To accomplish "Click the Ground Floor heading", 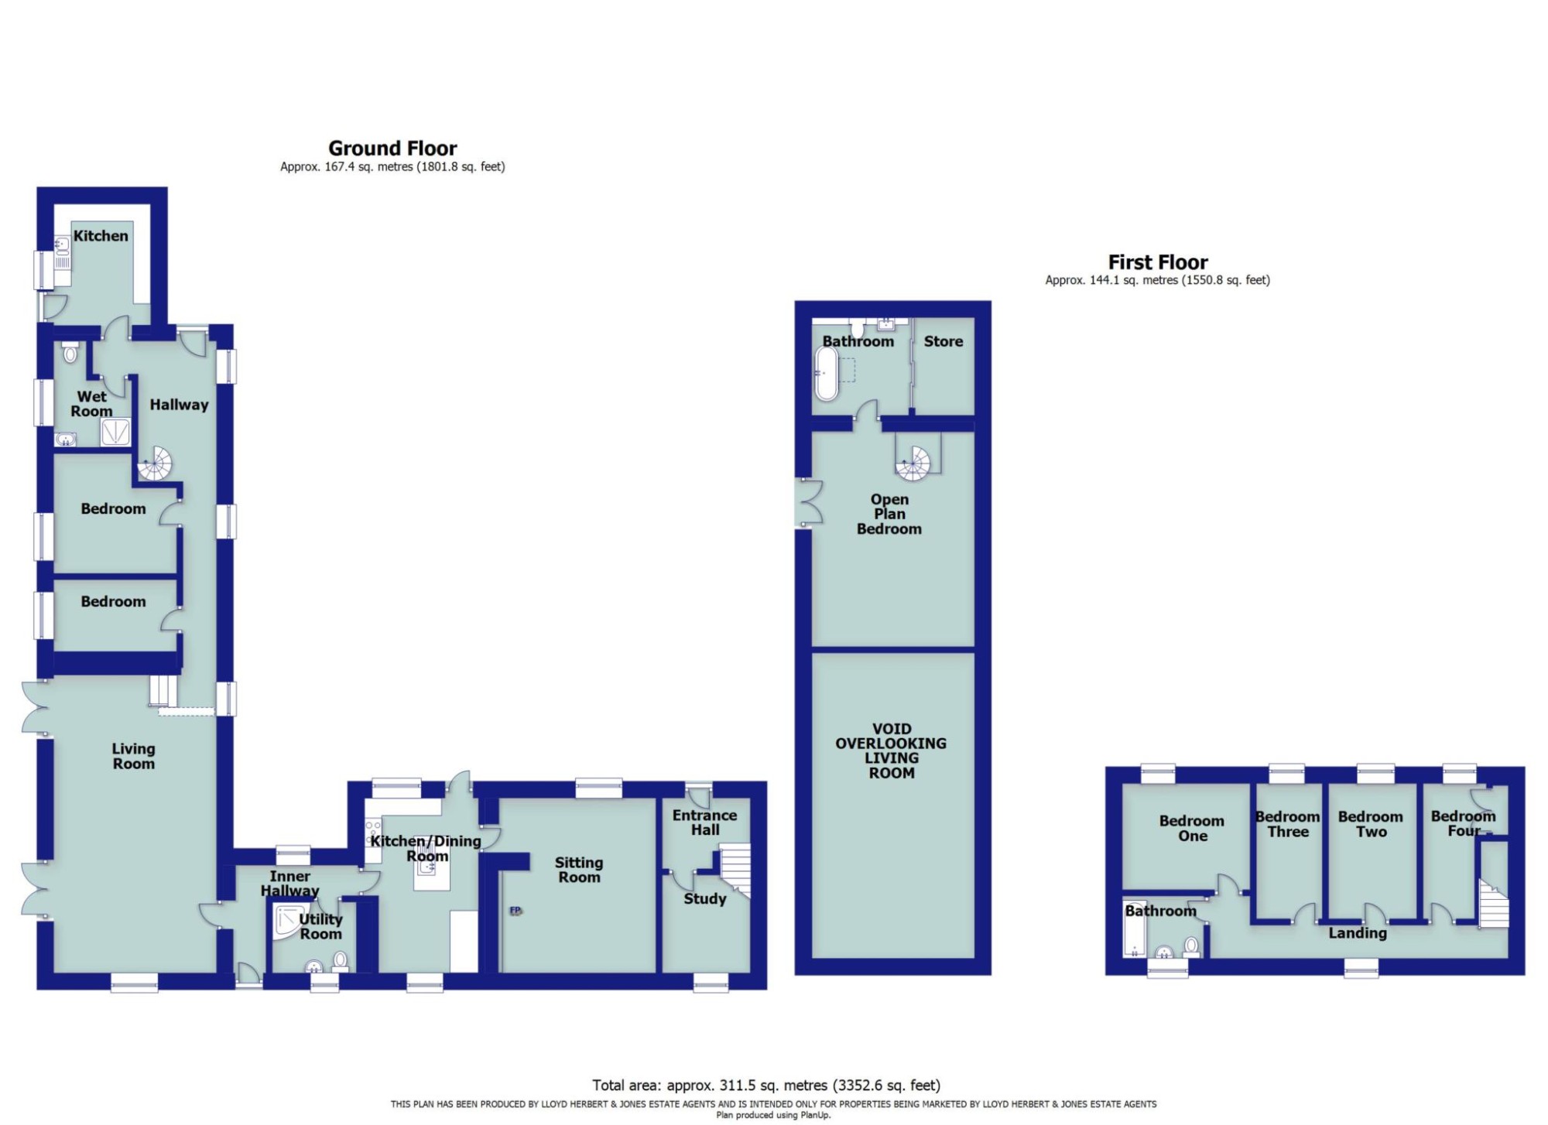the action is [x=392, y=148].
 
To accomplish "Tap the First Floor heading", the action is [x=1157, y=262].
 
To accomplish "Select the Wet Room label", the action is [x=91, y=404].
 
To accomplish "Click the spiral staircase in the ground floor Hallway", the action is [x=155, y=463].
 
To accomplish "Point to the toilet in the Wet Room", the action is [x=71, y=353].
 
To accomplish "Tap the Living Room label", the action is [x=133, y=756].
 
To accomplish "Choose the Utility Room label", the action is [x=320, y=926].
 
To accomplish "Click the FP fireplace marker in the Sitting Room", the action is [x=515, y=911].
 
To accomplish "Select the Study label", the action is [x=704, y=898].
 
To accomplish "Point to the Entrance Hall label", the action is [x=704, y=822].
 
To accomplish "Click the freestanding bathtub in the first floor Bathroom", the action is [x=827, y=374].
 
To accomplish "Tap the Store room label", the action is [x=943, y=341].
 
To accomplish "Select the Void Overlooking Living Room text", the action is [x=891, y=751].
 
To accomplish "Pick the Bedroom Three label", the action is [x=1287, y=824].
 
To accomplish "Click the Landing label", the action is [x=1357, y=933].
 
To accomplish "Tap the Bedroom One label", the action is [x=1192, y=828].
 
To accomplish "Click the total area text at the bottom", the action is [x=766, y=1085].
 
